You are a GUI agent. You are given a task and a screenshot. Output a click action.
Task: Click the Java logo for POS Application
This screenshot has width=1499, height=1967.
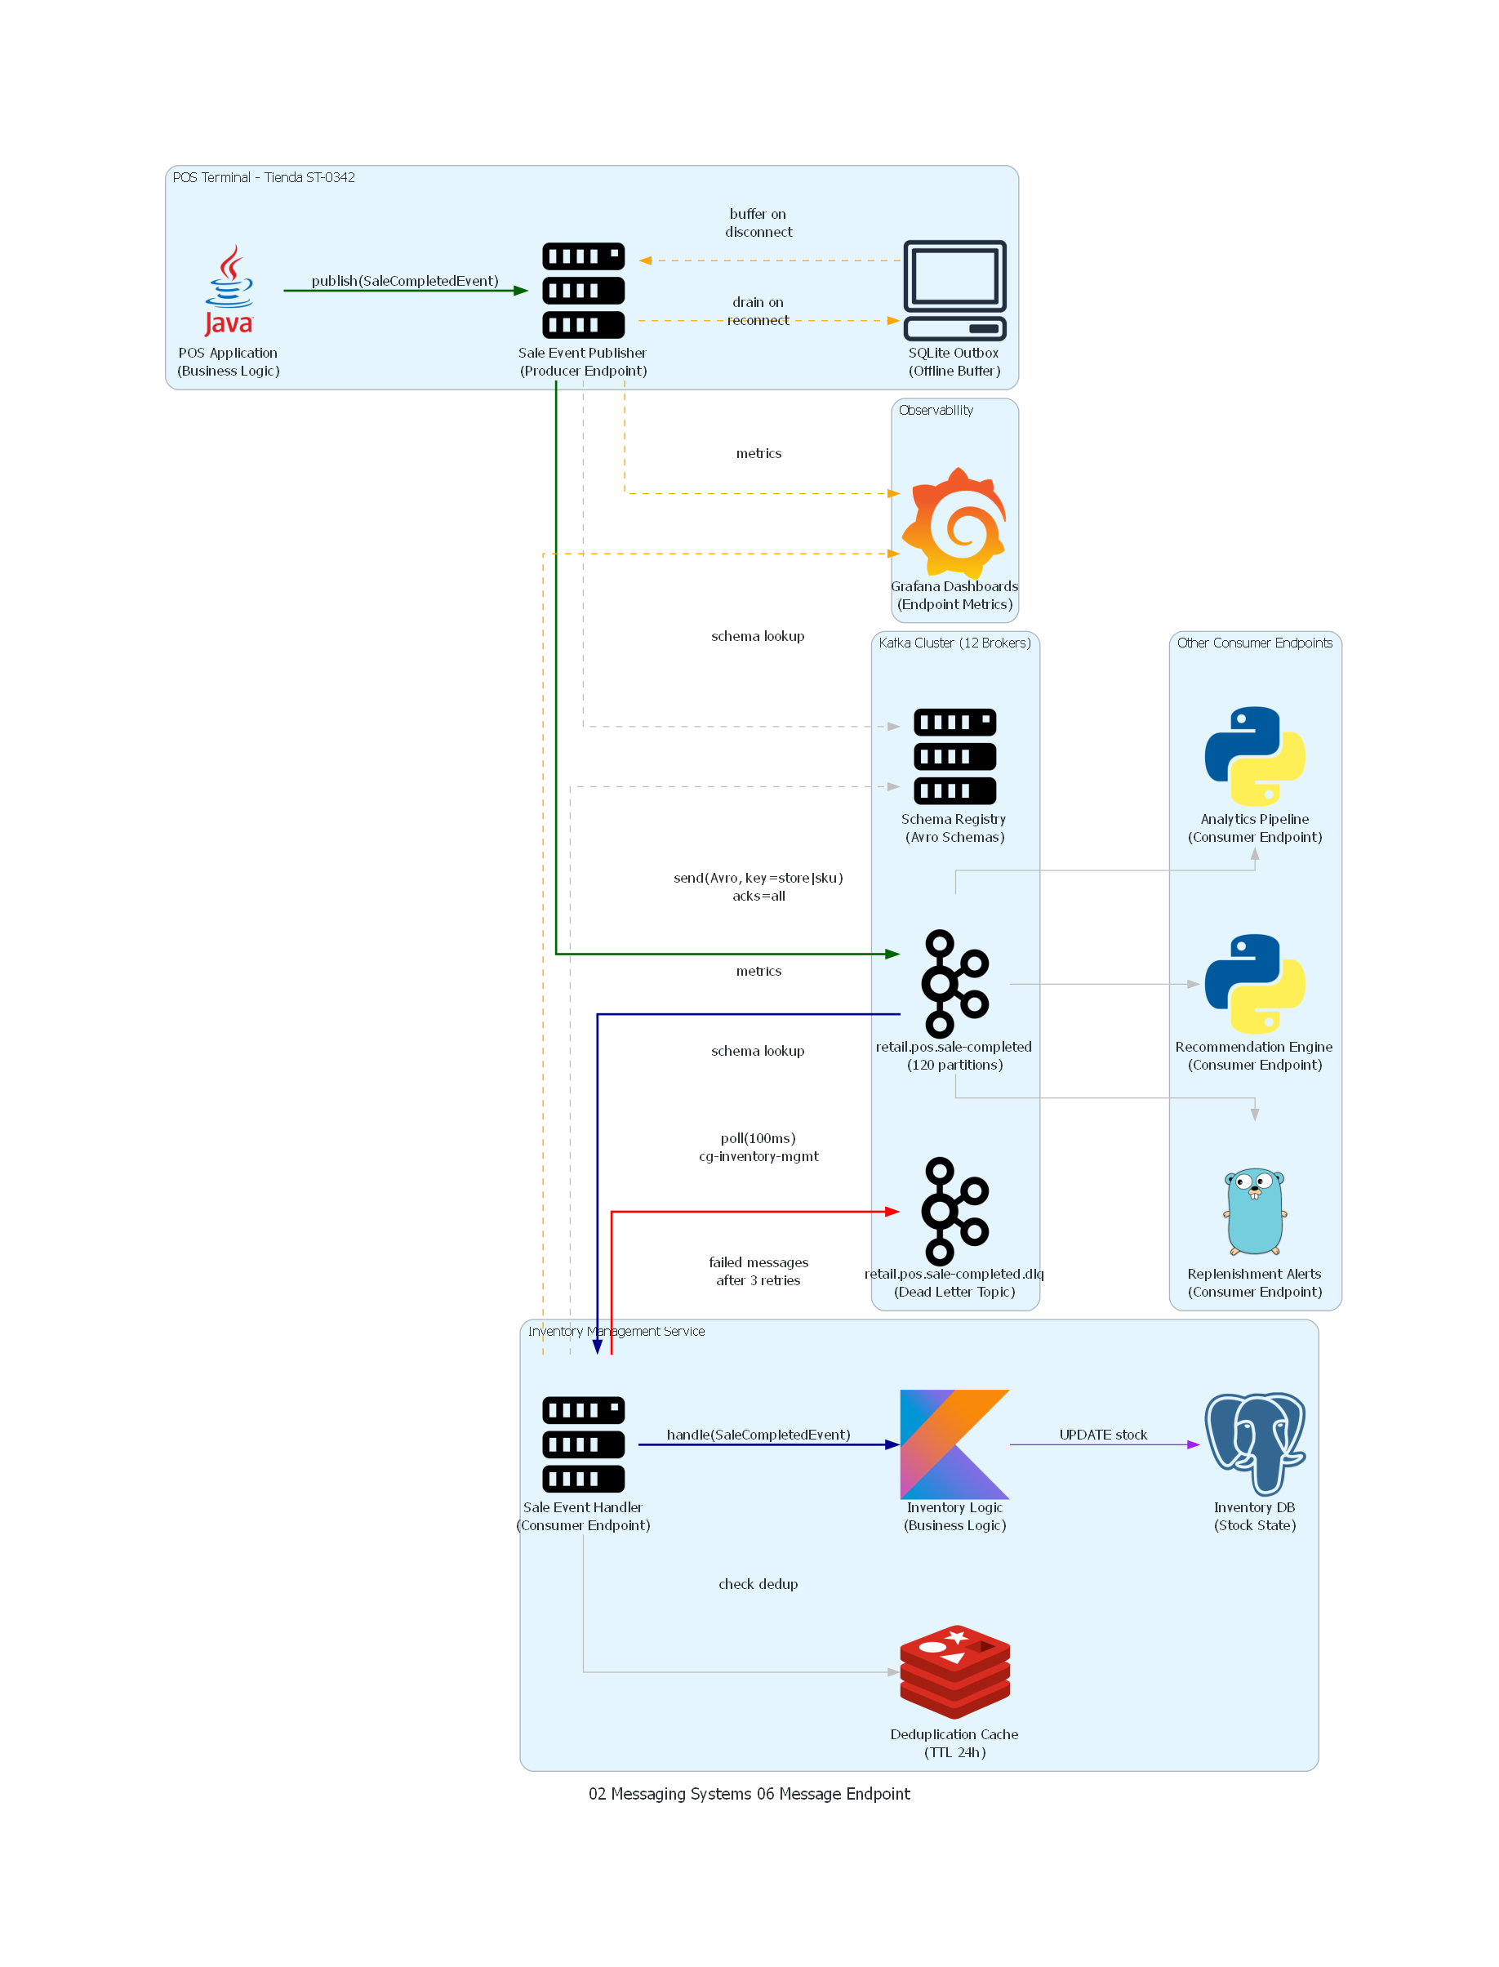point(229,290)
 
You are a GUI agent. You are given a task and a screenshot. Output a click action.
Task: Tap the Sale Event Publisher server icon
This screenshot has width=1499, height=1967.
point(583,290)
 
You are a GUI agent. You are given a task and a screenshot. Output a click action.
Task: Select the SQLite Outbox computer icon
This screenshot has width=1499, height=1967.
point(954,290)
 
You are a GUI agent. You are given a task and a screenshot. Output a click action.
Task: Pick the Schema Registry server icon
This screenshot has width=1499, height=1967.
point(954,756)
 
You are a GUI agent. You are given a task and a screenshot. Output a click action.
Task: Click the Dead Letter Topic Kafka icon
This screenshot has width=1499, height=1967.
point(954,1211)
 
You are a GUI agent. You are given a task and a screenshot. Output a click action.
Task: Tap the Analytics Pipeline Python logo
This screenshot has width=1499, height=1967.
point(1255,756)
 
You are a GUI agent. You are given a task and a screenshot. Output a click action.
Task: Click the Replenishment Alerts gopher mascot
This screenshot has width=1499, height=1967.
point(1255,1211)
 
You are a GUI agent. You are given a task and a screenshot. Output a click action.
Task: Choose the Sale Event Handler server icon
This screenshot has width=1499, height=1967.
point(583,1444)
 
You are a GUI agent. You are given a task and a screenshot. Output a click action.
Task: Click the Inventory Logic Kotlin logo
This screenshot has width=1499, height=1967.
point(954,1444)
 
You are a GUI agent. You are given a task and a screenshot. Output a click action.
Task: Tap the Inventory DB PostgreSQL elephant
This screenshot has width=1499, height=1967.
point(1255,1444)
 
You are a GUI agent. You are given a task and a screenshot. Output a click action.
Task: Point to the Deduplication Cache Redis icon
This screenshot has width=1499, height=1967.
point(954,1671)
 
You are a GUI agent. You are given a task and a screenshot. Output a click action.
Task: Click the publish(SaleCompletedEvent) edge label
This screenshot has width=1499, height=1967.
point(405,281)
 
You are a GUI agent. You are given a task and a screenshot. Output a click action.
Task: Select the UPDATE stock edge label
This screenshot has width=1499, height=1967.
point(1103,1435)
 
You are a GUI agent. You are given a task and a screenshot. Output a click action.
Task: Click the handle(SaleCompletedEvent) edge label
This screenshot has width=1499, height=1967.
point(758,1435)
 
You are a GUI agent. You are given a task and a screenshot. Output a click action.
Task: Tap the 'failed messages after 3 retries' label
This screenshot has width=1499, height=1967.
point(758,1271)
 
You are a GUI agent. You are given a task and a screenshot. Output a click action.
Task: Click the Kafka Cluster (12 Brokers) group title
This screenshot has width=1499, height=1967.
point(954,643)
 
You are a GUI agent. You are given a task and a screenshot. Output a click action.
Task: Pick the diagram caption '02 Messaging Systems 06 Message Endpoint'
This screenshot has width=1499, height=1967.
point(749,1794)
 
